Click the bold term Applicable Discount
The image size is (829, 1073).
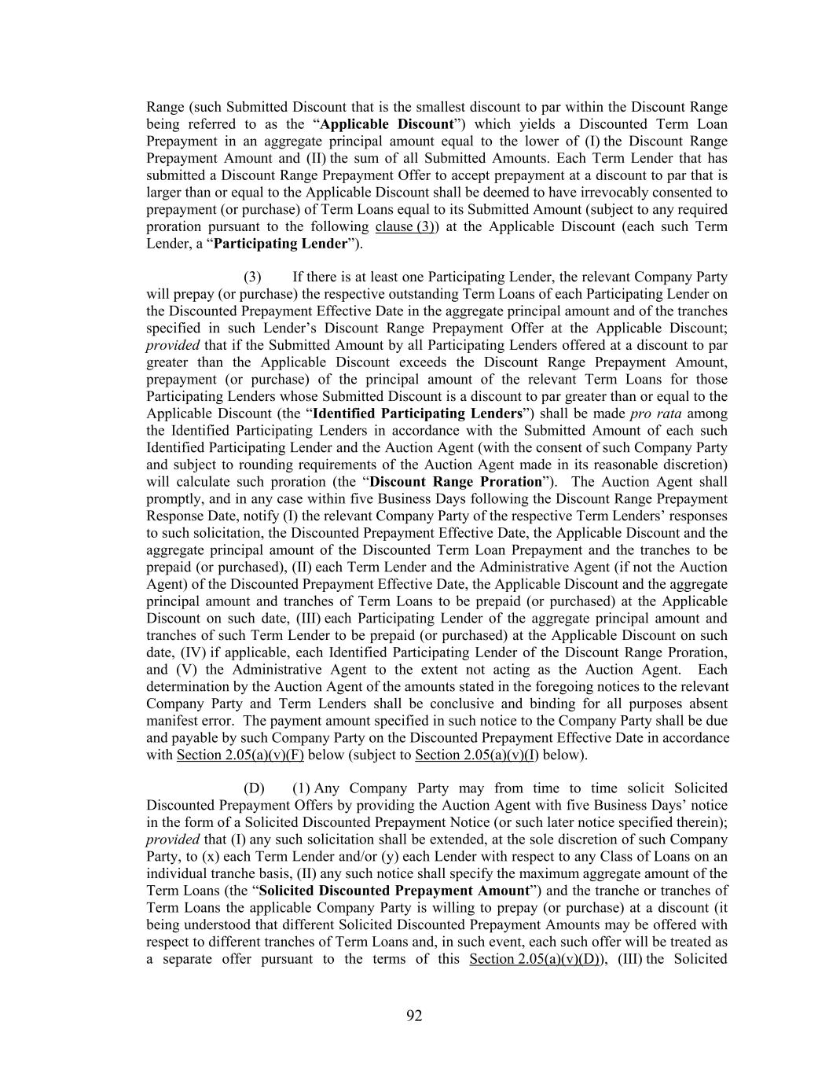click(387, 124)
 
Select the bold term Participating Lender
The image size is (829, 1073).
click(280, 244)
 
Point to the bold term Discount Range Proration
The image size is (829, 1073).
click(456, 482)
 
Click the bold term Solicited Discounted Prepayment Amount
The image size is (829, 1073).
click(394, 891)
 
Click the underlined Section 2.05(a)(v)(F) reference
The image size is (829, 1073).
click(241, 755)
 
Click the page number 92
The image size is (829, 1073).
click(414, 1016)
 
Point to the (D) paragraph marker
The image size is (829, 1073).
click(254, 788)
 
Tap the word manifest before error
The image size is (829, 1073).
click(171, 721)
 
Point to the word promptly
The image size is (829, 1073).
click(171, 499)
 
